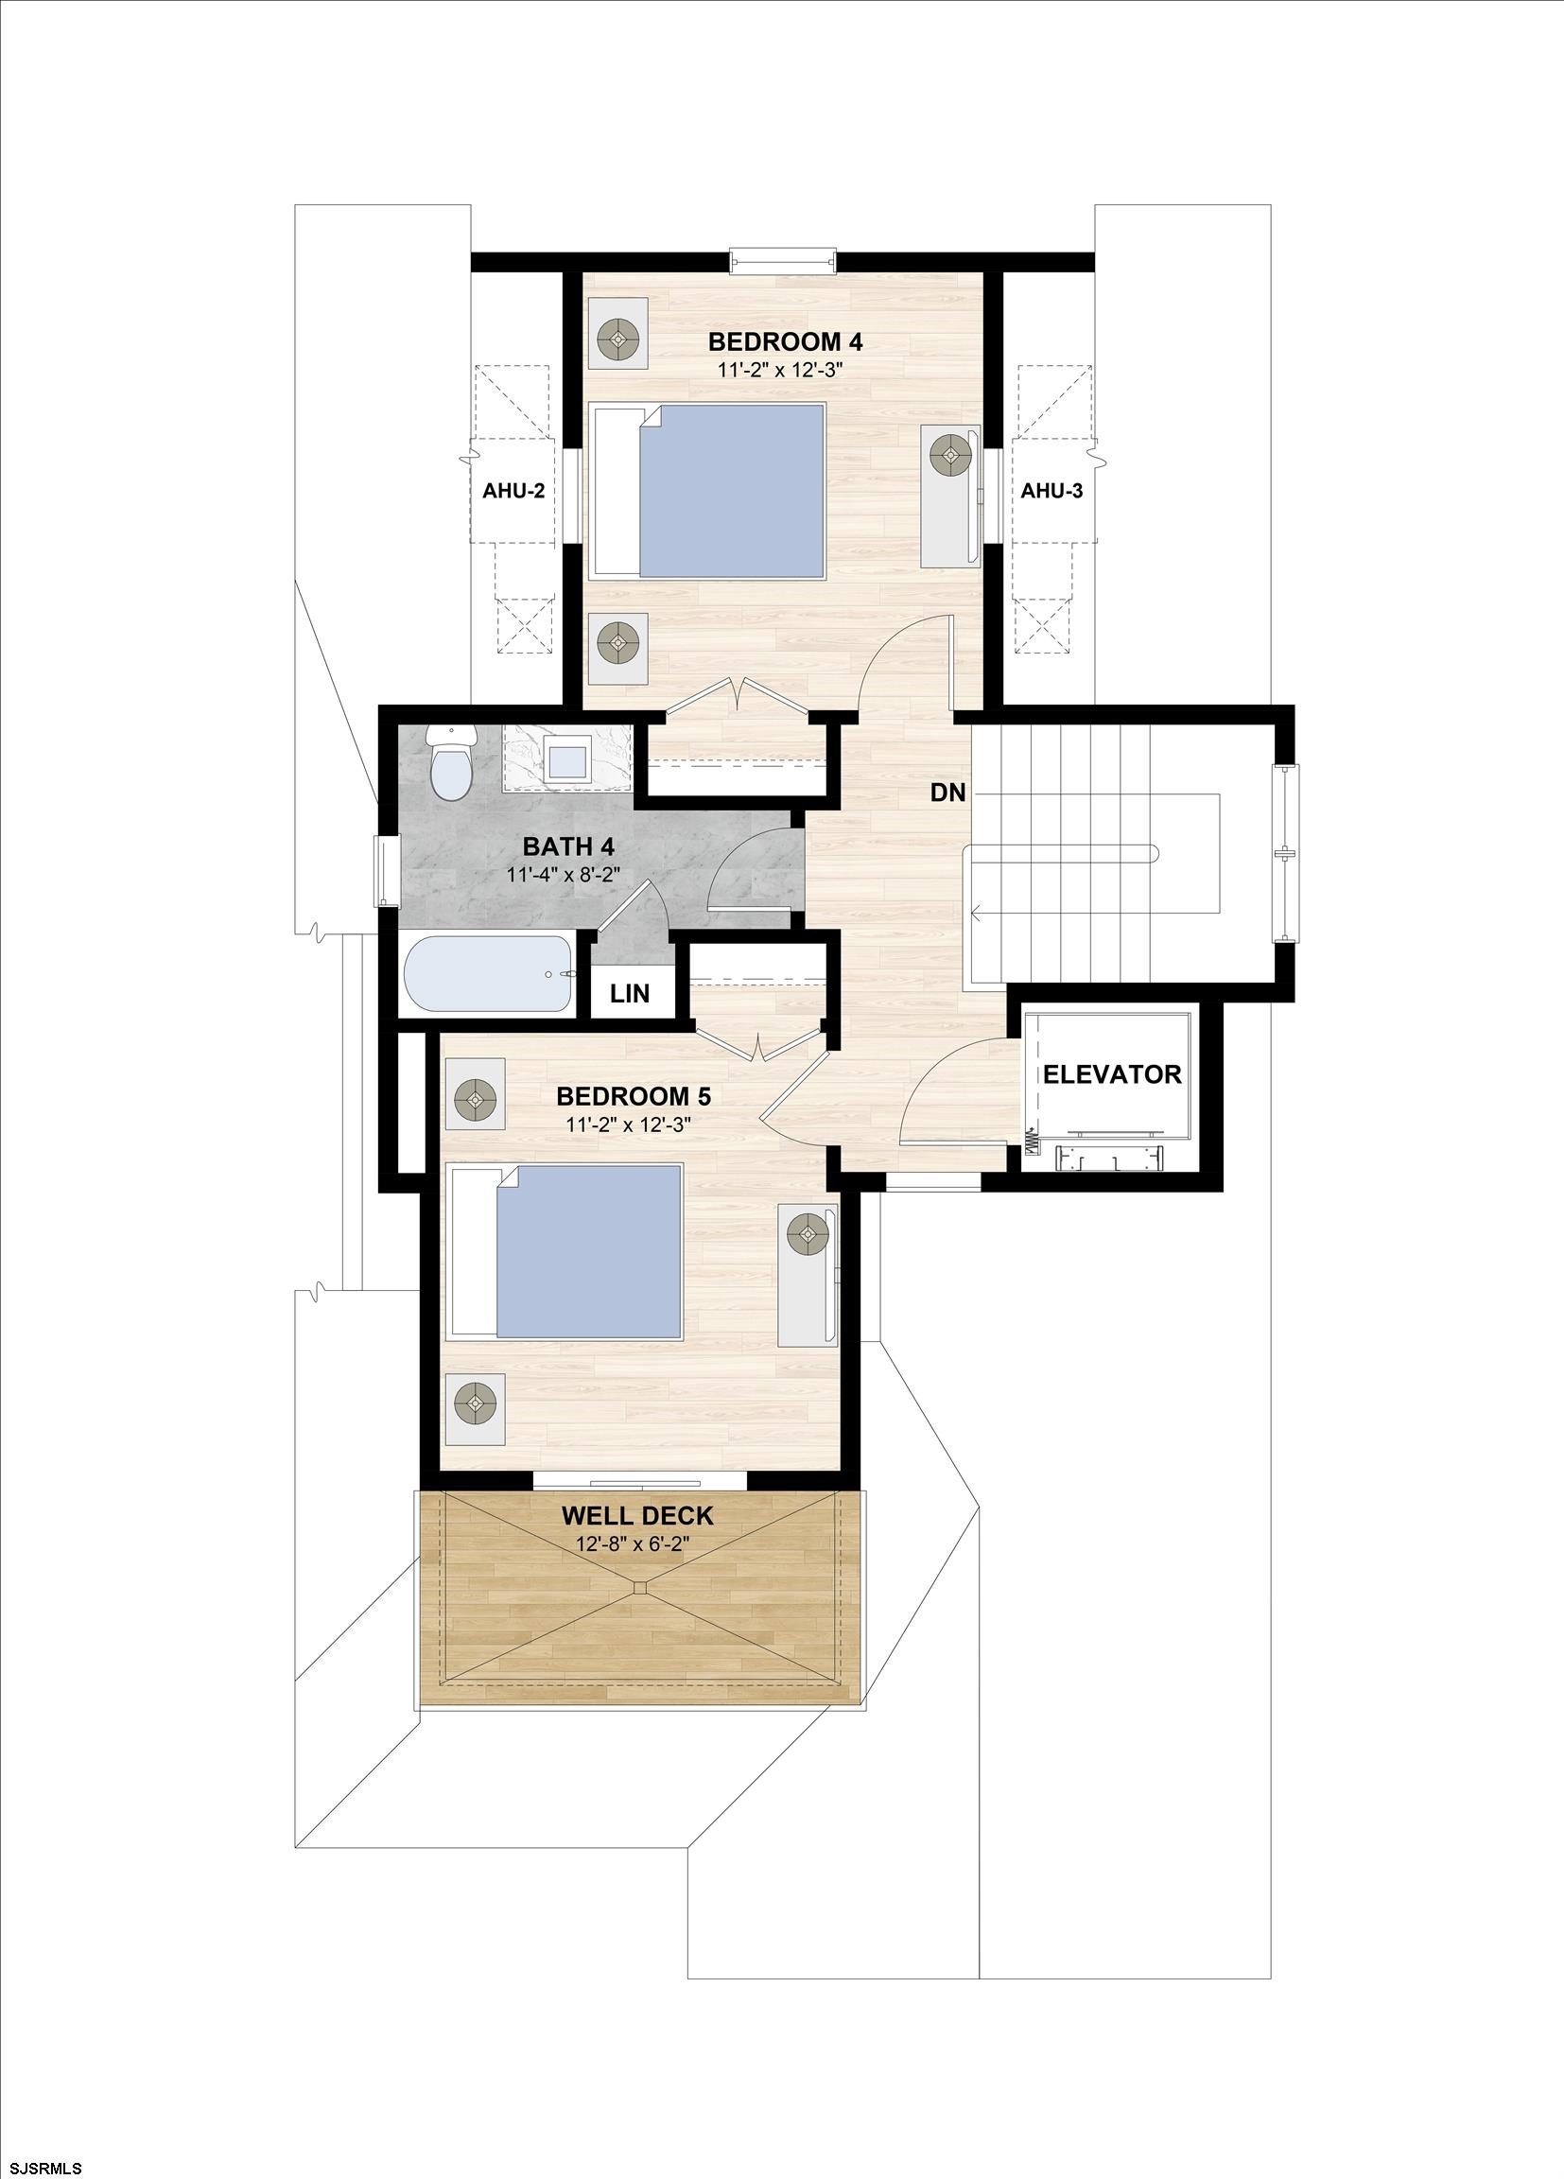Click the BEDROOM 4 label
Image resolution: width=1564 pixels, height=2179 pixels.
785,341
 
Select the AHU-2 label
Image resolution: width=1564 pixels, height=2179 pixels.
513,491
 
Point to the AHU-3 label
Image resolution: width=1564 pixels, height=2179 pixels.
1051,491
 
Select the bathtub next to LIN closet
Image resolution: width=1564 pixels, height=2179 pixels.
488,973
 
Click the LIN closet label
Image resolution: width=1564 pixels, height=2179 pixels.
629,993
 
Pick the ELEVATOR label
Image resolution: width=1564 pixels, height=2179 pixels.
1111,1074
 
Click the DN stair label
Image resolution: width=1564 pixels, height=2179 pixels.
947,793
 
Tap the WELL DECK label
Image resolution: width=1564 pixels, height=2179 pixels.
637,1516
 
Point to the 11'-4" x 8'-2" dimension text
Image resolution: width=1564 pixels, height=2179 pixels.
566,875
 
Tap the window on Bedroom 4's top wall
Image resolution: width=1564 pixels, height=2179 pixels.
783,260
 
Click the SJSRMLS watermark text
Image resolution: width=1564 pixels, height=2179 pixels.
43,2168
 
